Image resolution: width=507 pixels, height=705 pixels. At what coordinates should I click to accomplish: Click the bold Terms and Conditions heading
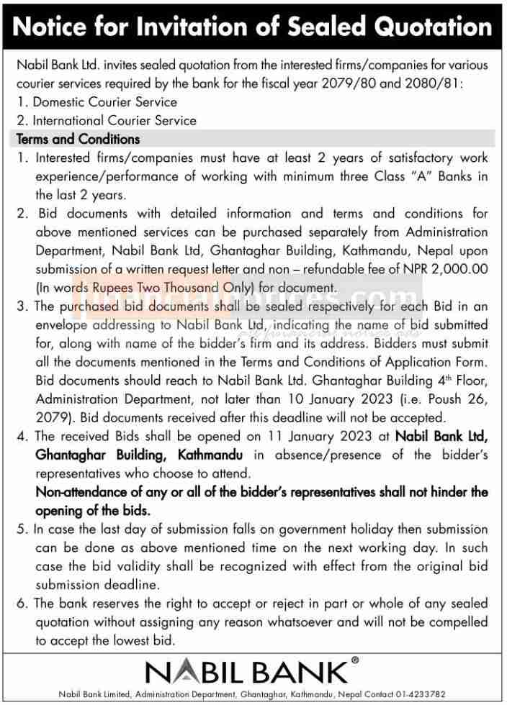pyautogui.click(x=78, y=139)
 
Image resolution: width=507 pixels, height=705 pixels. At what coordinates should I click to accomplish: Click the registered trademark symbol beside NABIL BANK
pyautogui.click(x=354, y=659)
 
